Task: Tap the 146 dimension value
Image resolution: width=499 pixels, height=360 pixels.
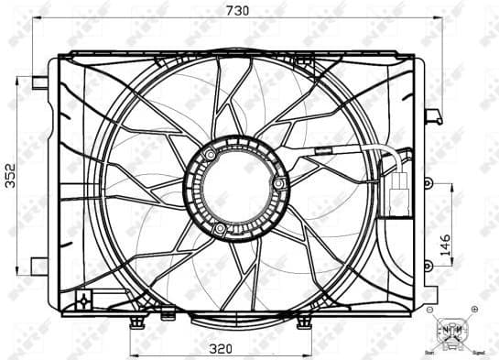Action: pos(446,245)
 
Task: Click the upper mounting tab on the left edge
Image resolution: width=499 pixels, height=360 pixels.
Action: pos(39,82)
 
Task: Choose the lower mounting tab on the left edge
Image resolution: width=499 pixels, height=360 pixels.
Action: pos(39,265)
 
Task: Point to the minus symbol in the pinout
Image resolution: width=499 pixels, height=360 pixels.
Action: pos(430,311)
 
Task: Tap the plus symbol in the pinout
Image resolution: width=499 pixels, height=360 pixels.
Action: pos(473,311)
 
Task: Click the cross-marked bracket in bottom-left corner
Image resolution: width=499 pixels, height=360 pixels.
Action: pos(84,299)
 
